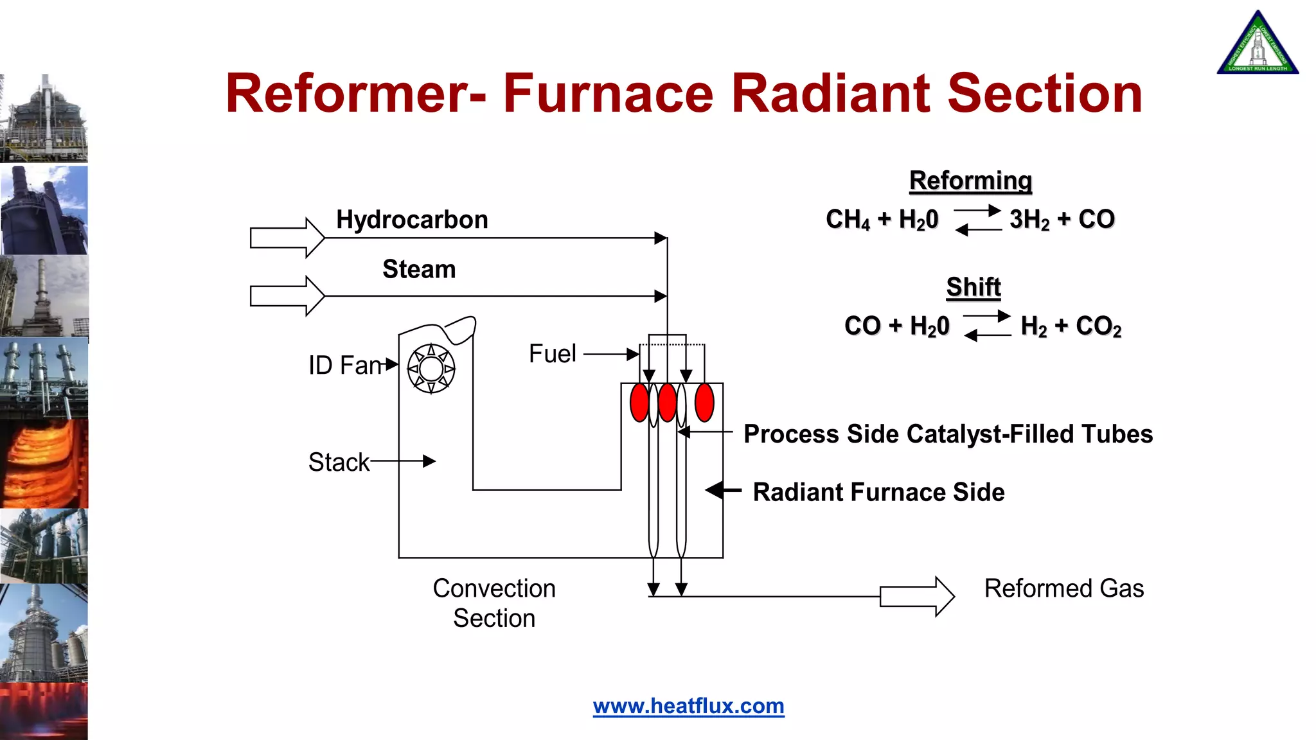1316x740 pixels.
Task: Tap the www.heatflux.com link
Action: [x=688, y=706]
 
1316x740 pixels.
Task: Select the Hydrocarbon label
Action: [x=412, y=220]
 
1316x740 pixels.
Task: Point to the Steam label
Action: [x=419, y=269]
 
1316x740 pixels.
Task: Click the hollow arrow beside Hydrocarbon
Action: [x=287, y=238]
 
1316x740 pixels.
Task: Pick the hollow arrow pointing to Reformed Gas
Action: [x=916, y=596]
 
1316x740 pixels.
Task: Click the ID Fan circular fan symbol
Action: [x=431, y=369]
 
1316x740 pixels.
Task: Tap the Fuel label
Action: [x=552, y=354]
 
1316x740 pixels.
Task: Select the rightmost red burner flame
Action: [x=704, y=403]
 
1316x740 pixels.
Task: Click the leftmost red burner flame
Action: [x=639, y=403]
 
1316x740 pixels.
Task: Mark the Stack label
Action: [x=339, y=463]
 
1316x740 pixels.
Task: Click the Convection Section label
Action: [x=494, y=603]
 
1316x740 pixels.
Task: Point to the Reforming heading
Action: [x=970, y=181]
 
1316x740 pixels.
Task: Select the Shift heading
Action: [x=973, y=287]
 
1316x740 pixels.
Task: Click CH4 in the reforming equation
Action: [x=848, y=220]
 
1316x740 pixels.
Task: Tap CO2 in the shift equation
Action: [x=1098, y=326]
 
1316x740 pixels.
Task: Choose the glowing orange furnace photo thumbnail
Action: [x=44, y=464]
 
